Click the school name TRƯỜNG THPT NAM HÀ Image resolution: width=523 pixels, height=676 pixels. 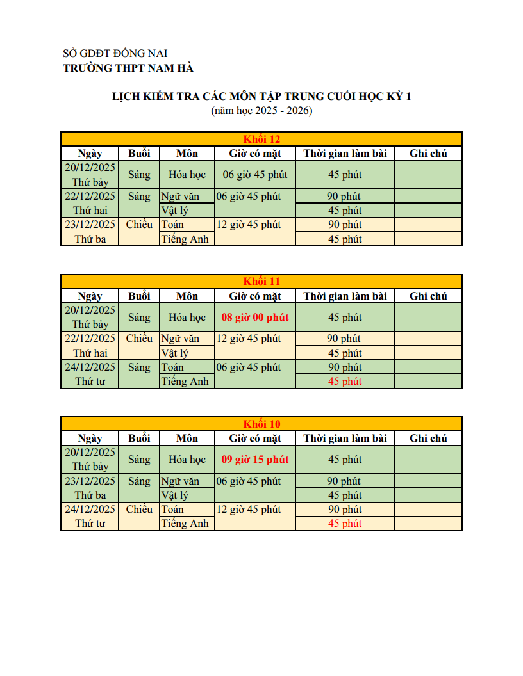(128, 68)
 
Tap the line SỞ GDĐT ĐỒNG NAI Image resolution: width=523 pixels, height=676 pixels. (115, 54)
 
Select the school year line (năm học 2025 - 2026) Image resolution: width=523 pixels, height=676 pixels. (261, 111)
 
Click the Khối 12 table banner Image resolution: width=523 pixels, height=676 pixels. (261, 139)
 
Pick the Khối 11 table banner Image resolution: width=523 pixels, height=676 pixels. (261, 282)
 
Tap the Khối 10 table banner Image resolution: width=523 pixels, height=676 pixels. (261, 424)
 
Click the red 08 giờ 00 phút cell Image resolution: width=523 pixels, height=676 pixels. (255, 317)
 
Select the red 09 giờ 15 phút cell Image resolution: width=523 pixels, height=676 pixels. (255, 459)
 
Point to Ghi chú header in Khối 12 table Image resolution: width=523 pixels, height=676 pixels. (428, 154)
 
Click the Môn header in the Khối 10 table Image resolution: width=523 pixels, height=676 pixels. (187, 439)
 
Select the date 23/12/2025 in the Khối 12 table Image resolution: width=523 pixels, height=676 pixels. (90, 224)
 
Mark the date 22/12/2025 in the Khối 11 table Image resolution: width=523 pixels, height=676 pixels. (90, 339)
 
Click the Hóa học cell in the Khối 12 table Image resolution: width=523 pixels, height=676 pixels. (187, 174)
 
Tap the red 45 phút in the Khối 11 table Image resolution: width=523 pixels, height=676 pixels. (345, 382)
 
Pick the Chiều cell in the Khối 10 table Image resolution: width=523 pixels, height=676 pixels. (139, 510)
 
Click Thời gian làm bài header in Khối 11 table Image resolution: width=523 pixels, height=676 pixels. (345, 296)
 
